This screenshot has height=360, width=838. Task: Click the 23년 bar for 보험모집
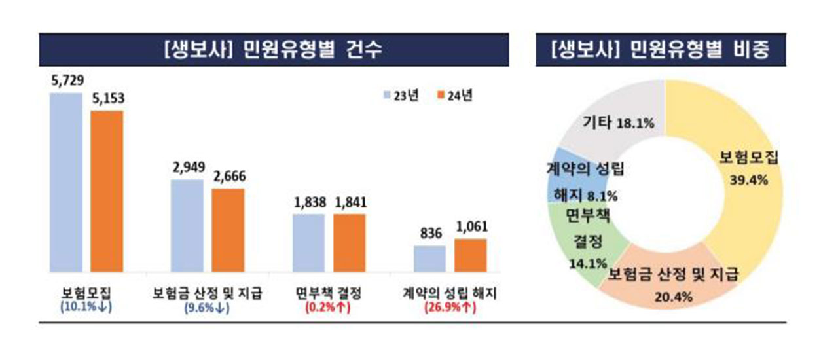point(66,183)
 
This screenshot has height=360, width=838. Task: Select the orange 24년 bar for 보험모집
point(107,191)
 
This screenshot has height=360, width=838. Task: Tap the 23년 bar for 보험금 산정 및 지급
point(187,226)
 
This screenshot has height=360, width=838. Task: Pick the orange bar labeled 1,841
point(349,243)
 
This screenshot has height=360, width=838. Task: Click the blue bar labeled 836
point(429,259)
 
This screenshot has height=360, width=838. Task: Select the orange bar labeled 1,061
point(470,255)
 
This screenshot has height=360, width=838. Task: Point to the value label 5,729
point(66,82)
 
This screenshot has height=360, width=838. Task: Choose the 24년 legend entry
point(453,95)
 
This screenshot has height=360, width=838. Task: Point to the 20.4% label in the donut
point(674,295)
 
